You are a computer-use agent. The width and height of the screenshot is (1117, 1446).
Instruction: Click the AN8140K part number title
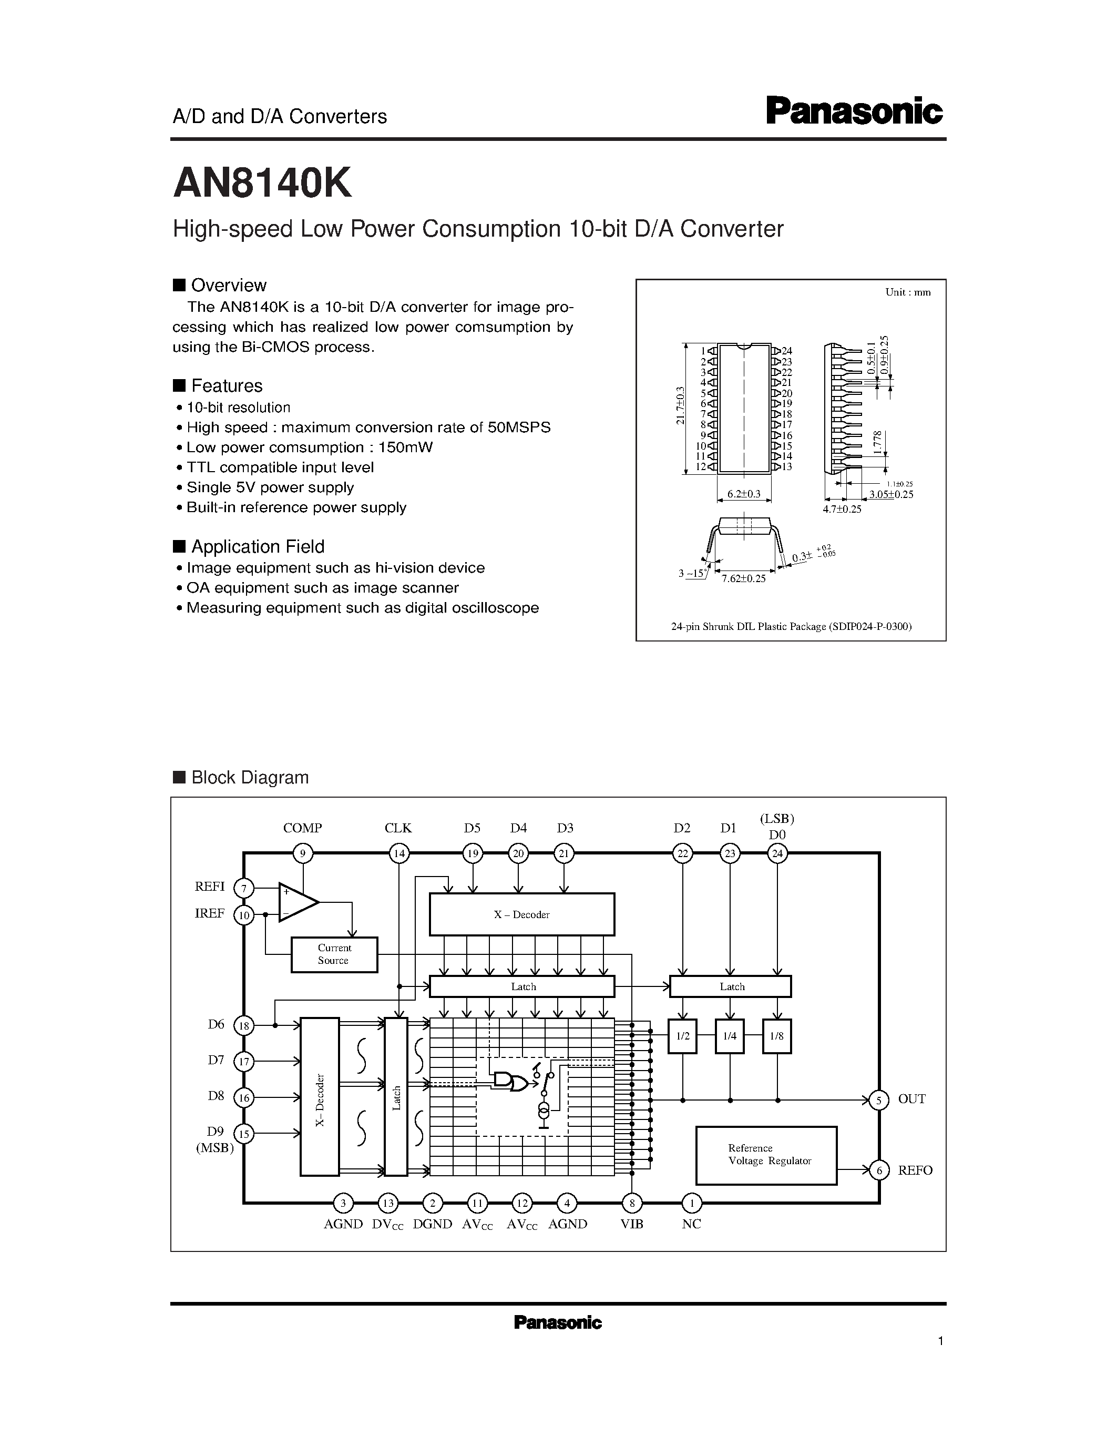point(262,184)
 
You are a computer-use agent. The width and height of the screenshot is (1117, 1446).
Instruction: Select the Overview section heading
point(228,286)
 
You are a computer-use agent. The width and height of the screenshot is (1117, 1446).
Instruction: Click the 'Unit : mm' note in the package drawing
point(908,292)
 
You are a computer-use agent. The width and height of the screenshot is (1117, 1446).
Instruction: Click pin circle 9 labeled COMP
point(302,853)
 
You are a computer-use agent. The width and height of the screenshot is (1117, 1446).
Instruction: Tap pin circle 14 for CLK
point(398,853)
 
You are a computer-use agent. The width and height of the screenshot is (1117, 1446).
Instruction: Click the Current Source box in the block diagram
point(334,954)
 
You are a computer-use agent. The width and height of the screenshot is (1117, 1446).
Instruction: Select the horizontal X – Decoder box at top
point(521,914)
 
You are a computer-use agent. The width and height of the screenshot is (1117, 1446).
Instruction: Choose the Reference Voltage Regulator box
point(766,1155)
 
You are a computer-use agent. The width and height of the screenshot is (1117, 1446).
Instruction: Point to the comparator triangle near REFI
point(297,902)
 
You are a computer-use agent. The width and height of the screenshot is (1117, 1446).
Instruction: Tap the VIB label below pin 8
point(632,1224)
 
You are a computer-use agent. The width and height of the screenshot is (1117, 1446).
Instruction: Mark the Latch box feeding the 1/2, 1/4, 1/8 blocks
point(731,986)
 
